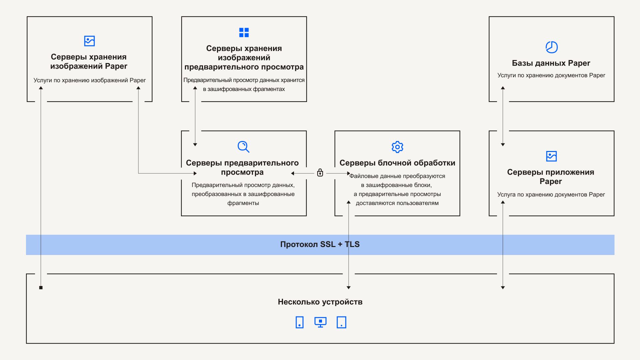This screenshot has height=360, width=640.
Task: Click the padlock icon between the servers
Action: [x=320, y=173]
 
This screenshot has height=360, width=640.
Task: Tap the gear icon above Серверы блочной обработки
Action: [x=397, y=147]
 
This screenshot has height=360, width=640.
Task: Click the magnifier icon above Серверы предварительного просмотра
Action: [x=243, y=147]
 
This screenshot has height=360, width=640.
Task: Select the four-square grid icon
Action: [x=244, y=32]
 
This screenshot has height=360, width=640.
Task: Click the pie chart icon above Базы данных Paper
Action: [x=551, y=47]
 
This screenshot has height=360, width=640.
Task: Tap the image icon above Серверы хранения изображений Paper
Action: [x=89, y=41]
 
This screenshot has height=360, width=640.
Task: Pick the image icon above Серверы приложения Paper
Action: [x=551, y=156]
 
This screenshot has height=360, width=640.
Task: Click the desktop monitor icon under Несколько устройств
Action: [x=320, y=322]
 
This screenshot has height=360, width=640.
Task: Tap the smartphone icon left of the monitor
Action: [x=299, y=322]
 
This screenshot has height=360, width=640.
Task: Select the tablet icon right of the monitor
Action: [x=341, y=322]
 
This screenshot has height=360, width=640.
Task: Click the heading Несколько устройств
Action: [x=320, y=302]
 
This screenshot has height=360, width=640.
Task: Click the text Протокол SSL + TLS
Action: [x=320, y=244]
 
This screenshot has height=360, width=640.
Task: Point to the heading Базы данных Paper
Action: [x=551, y=63]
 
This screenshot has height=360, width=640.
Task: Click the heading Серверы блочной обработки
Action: [x=397, y=163]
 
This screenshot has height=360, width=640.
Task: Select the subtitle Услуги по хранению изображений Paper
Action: [x=89, y=80]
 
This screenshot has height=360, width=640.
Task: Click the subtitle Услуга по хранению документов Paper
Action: [x=551, y=195]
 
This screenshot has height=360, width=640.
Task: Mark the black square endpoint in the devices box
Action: [x=41, y=287]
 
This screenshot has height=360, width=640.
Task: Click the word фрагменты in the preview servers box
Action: [x=243, y=203]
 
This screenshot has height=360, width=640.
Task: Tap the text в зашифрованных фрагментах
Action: [x=244, y=89]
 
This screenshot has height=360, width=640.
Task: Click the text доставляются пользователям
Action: [x=397, y=203]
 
